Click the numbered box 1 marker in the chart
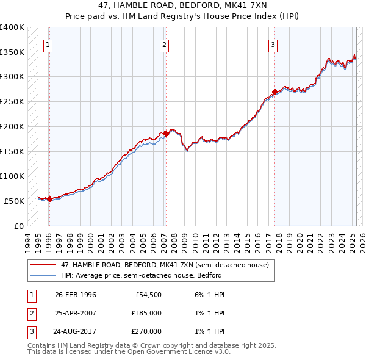(x=48, y=44)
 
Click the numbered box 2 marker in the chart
(x=164, y=44)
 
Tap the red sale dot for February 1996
(x=49, y=199)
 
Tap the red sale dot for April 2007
(x=165, y=133)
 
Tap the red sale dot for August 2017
(x=274, y=92)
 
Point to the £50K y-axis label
(x=14, y=201)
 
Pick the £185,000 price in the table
(x=146, y=313)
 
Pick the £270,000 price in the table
(x=146, y=331)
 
